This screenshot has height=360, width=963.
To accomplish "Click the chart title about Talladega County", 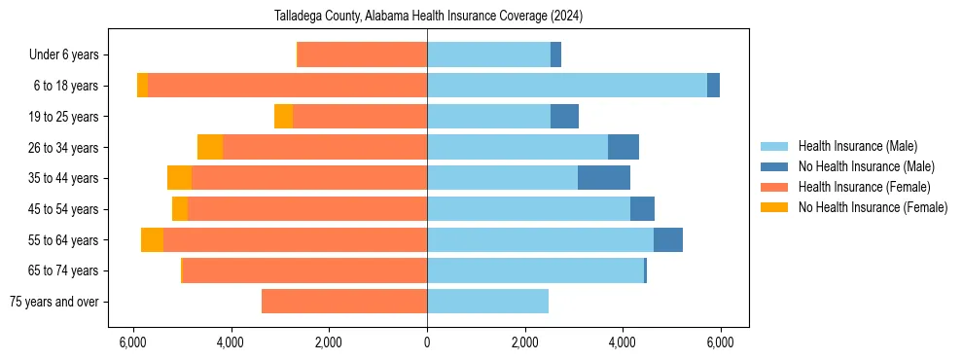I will coord(427,16).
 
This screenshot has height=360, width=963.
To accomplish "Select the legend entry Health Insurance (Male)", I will coord(857,146).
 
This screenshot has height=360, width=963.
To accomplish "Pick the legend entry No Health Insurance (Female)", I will coord(873,207).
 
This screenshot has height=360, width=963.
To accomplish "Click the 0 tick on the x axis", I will coord(427,342).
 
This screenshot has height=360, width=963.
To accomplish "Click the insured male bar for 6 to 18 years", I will coord(567,86).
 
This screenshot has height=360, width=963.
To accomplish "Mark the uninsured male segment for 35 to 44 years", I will coord(604,178).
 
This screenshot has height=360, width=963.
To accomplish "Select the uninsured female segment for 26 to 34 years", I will coord(210,147).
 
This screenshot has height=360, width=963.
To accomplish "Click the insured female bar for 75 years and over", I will coord(344,302).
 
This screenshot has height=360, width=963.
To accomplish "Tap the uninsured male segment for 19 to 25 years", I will coord(564,117).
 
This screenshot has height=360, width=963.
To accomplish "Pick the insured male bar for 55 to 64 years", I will coord(540,239).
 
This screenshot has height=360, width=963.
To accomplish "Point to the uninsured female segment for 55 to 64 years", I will coord(152,239).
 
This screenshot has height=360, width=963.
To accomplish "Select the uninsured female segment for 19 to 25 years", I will coord(283,117).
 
